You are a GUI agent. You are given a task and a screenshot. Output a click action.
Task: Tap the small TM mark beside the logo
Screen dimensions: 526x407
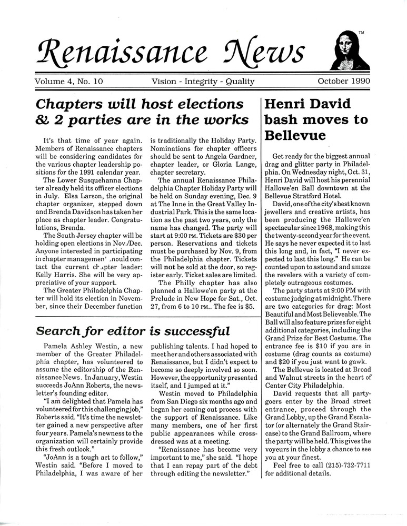pos(361,33)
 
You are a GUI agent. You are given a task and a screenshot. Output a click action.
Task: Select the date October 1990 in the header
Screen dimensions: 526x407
pos(344,81)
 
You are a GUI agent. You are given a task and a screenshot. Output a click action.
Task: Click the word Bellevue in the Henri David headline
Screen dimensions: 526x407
pos(295,135)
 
